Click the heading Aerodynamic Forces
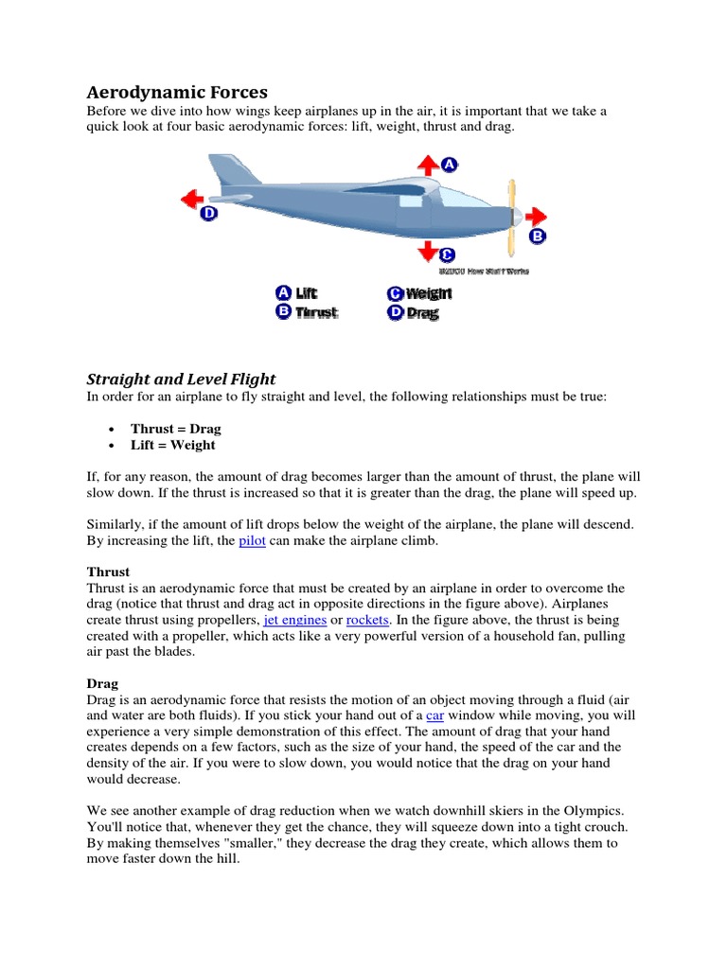[177, 92]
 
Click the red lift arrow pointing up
[427, 166]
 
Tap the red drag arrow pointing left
[193, 199]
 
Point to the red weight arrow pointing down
[427, 251]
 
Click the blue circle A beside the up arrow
[449, 165]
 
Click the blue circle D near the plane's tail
[209, 215]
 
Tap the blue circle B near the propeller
[537, 236]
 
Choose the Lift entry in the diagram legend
[296, 293]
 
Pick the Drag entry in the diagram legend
[414, 312]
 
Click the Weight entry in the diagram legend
[419, 293]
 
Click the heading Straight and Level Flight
[181, 379]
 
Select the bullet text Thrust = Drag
[175, 429]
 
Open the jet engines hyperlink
[294, 619]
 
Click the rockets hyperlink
[368, 619]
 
